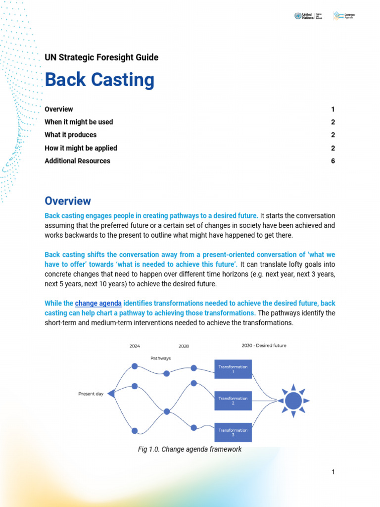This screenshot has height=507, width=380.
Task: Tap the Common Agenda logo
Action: pos(344,16)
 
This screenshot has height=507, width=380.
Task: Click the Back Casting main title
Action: pos(99,80)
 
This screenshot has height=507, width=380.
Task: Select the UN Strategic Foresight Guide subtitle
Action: pos(101,57)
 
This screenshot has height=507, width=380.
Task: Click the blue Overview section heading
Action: pos(68,201)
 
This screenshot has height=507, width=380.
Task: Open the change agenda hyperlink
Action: pos(98,303)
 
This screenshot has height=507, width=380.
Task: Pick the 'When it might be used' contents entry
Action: pos(79,122)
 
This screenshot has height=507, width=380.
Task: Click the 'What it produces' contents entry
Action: pos(71,135)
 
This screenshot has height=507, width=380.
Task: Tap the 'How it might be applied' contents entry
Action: pos(81,148)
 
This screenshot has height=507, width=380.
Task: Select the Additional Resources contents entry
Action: pos(77,161)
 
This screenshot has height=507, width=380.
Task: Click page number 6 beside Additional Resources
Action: pos(333,161)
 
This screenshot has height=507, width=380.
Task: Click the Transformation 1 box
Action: pos(233,369)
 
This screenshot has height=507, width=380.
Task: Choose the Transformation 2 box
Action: pos(233,401)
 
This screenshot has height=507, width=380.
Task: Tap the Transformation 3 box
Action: pos(233,432)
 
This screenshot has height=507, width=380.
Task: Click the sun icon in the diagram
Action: pos(293,401)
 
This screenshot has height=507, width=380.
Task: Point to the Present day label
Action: pos(91,394)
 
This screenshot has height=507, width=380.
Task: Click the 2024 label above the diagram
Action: pos(135,346)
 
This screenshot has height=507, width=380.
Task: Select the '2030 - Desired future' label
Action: pos(264,346)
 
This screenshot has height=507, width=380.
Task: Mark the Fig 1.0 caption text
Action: pos(190,450)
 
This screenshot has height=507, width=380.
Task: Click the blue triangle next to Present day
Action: pos(111,394)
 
